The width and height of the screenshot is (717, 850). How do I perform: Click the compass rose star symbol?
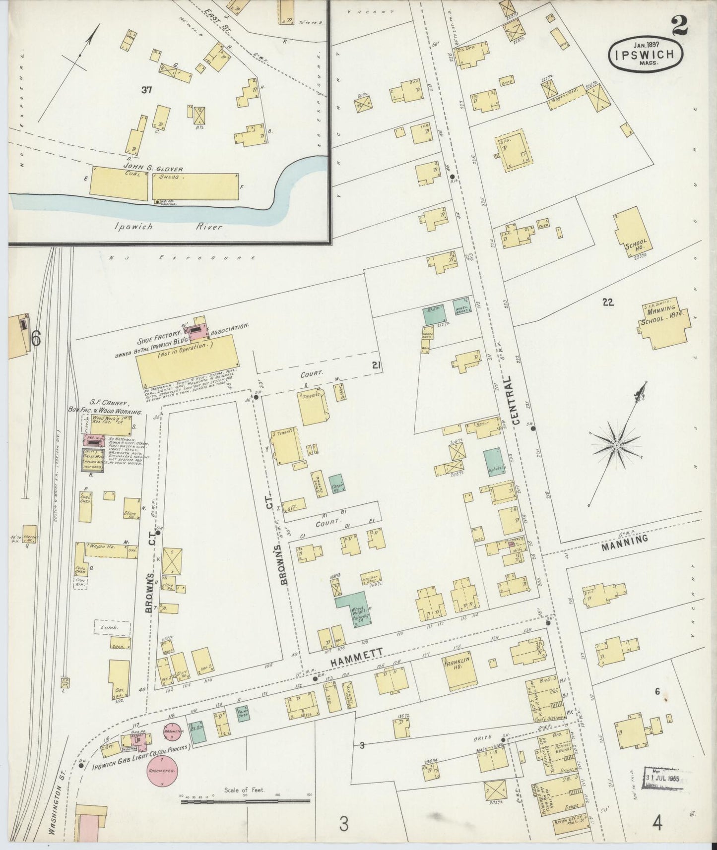[616, 446]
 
